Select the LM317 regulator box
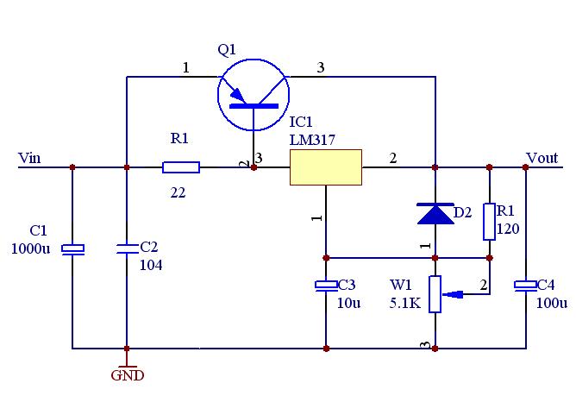tap(325, 167)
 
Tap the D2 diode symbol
tap(435, 213)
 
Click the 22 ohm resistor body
tap(181, 167)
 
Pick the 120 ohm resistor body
tap(489, 222)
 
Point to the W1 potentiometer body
tap(435, 293)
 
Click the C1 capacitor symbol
tap(72, 248)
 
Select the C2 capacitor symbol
tap(127, 248)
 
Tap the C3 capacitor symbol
tap(326, 285)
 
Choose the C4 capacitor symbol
tap(525, 285)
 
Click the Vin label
tap(29, 158)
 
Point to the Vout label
tap(542, 158)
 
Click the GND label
tap(127, 375)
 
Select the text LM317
tap(312, 139)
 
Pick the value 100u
tap(552, 303)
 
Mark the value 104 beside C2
tap(151, 265)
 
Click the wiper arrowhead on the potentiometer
tap(449, 294)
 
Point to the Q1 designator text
tap(227, 50)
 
